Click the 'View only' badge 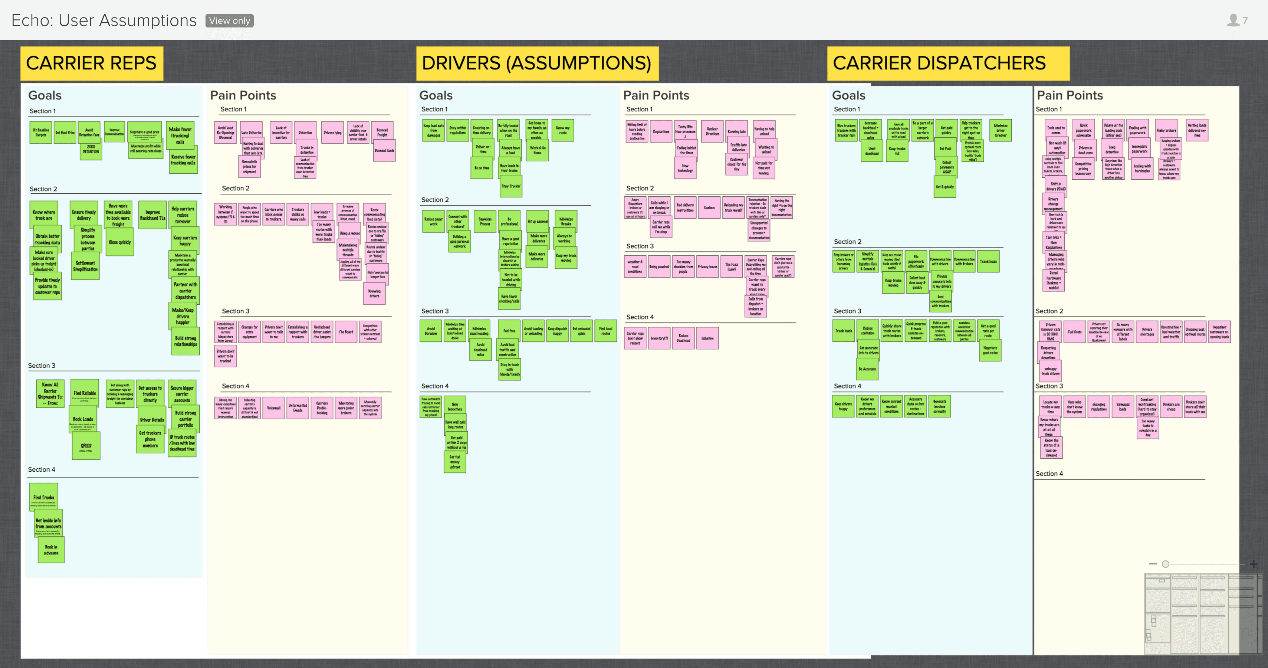tap(229, 21)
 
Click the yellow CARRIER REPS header tap(92, 63)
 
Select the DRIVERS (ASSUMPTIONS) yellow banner tap(536, 63)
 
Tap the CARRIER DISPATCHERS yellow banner tap(947, 63)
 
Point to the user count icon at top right tap(1233, 20)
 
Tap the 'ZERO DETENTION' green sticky tap(91, 150)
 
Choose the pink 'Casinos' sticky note tap(709, 208)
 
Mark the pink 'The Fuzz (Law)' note tap(732, 267)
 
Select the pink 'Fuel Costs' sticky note tap(1075, 332)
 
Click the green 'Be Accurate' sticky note tap(867, 369)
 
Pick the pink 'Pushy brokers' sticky tap(1166, 131)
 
